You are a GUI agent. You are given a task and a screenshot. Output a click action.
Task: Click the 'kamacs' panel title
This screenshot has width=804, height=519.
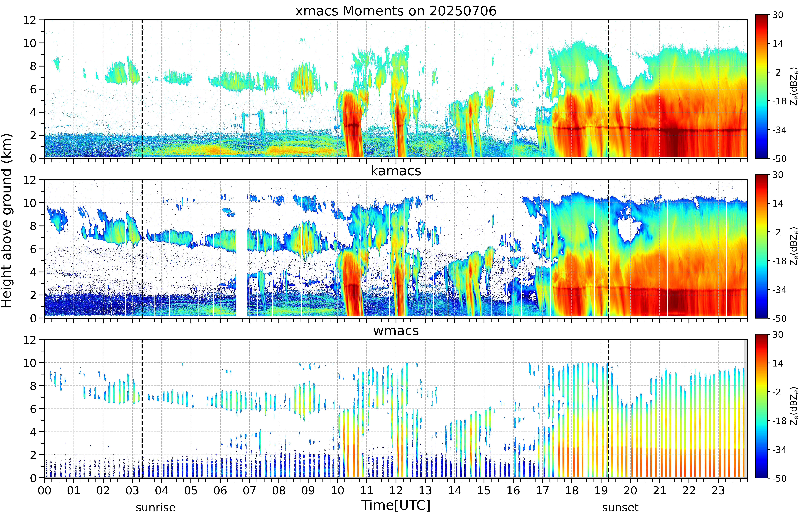pyautogui.click(x=396, y=171)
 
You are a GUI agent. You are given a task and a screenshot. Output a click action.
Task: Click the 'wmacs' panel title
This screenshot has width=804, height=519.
pyautogui.click(x=396, y=331)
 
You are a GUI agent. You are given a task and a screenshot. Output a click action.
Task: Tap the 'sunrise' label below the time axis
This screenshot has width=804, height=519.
pyautogui.click(x=156, y=507)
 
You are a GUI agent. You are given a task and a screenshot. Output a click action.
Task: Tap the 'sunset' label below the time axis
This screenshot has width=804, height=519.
pyautogui.click(x=620, y=507)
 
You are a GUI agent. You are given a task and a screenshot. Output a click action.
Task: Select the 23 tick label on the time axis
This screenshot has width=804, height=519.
pyautogui.click(x=718, y=490)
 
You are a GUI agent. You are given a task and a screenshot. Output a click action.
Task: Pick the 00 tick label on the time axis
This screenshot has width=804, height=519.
pyautogui.click(x=44, y=490)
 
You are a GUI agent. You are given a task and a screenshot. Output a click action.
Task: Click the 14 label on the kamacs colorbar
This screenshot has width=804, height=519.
pyautogui.click(x=778, y=204)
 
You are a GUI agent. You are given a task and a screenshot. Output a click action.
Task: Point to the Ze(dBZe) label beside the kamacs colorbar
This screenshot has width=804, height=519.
pyautogui.click(x=794, y=246)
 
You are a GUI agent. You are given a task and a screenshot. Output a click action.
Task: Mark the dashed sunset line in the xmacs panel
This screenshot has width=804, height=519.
pyautogui.click(x=608, y=89)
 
